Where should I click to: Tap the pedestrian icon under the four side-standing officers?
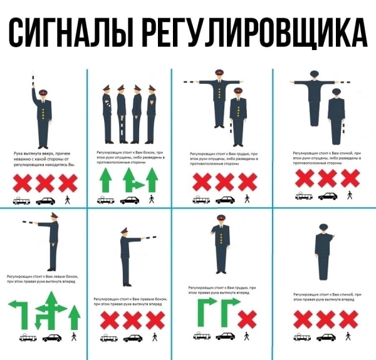tap(151, 200)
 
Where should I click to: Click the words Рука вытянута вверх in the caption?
tap(33, 153)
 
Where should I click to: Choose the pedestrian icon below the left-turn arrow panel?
tap(74, 337)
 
